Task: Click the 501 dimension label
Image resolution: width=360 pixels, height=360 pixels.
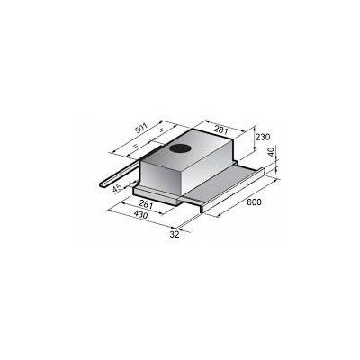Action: point(141,128)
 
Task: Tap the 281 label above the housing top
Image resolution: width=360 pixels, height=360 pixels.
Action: point(221,130)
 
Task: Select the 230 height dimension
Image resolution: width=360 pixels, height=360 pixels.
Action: point(263,137)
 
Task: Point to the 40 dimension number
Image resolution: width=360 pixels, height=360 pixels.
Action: point(272,151)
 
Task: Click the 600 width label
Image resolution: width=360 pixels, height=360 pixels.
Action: point(254,202)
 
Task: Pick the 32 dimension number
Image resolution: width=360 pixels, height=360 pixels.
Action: point(175,235)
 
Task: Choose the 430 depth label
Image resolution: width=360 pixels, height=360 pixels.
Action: point(140,215)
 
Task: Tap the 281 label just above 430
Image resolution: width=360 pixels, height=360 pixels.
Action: point(146,205)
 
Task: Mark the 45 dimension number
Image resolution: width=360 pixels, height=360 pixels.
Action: point(117,188)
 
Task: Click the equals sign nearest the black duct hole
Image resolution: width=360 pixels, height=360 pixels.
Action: point(161,130)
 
